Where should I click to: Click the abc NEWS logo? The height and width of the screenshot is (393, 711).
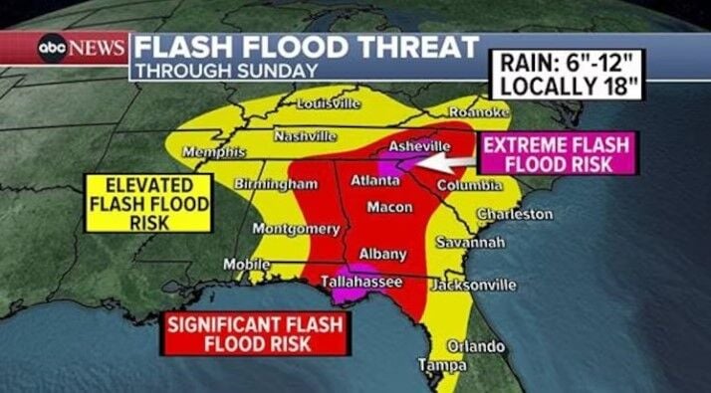tap(82, 48)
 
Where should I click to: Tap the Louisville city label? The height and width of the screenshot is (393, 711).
tap(329, 103)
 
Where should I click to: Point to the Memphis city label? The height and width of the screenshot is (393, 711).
tap(214, 151)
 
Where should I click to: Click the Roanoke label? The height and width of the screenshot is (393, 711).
tap(481, 113)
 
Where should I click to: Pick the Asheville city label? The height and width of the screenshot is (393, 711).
tap(419, 146)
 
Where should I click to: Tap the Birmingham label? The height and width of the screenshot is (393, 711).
tap(276, 184)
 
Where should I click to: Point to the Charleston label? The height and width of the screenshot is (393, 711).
tap(515, 214)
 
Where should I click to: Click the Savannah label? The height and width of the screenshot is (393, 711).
tap(471, 242)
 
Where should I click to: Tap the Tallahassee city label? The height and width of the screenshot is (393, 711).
tap(361, 283)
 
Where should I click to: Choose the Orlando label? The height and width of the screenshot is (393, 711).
tap(475, 346)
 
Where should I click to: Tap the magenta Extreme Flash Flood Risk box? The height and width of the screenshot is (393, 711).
tap(555, 155)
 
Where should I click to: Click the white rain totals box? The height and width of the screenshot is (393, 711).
tap(566, 77)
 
